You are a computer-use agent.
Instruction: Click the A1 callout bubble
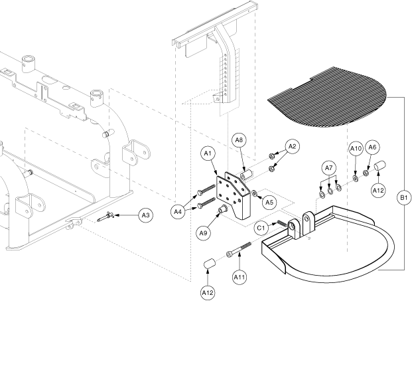pos(208,153)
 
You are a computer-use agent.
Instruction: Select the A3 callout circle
pos(145,215)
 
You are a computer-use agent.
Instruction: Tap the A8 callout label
pos(239,140)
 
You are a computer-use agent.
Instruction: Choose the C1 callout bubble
pos(261,228)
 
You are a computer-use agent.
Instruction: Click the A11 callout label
pos(240,277)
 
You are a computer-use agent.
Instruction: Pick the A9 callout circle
pos(203,233)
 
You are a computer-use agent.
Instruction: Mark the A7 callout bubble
pos(329,168)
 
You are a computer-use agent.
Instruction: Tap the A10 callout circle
pos(356,149)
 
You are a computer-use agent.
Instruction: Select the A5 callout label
pos(269,202)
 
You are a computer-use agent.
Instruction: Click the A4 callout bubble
pos(178,211)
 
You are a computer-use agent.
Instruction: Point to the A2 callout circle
pos(293,147)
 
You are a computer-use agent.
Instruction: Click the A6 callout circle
pos(372,147)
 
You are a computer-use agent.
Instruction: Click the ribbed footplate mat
pos(327,97)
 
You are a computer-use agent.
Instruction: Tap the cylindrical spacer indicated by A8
pos(246,175)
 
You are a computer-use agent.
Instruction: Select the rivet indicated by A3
pos(105,217)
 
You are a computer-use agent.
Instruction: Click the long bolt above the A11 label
pos(239,249)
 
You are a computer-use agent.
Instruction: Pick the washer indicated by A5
pos(254,193)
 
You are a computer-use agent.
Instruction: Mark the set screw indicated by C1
pos(282,224)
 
